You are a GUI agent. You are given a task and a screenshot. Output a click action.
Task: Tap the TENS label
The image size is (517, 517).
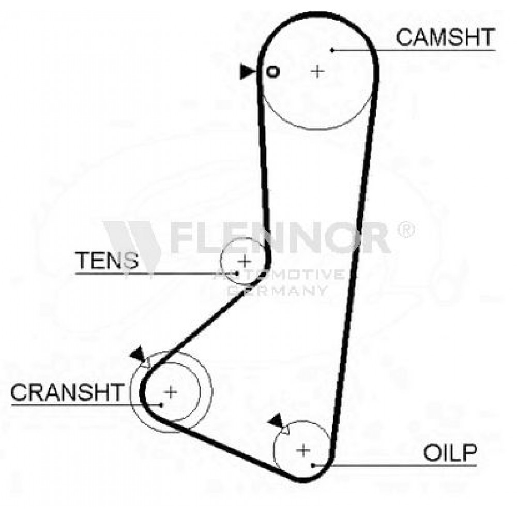click(x=107, y=260)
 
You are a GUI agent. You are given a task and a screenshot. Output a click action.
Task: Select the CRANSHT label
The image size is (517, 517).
click(x=67, y=392)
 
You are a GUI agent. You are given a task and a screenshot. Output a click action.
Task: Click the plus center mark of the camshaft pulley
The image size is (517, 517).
click(x=317, y=71)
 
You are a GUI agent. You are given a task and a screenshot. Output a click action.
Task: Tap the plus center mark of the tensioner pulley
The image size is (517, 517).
click(x=245, y=262)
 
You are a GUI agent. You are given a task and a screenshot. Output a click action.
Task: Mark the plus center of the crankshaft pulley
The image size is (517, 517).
click(x=171, y=392)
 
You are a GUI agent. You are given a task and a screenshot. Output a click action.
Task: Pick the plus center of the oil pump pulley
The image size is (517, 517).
click(x=303, y=450)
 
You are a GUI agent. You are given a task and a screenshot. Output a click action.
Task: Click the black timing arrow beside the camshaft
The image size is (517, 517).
click(x=247, y=71)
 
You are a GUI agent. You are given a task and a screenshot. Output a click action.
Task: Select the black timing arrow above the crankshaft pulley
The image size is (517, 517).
click(x=139, y=354)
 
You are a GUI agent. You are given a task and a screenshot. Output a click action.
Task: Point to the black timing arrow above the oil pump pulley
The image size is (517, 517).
click(x=277, y=421)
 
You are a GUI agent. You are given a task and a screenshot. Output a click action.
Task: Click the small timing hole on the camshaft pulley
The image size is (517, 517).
click(x=272, y=71)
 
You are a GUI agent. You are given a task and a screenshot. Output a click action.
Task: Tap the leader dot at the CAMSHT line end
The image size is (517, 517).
click(x=332, y=50)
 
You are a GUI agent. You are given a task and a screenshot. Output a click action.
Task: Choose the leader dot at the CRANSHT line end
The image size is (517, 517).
click(x=161, y=405)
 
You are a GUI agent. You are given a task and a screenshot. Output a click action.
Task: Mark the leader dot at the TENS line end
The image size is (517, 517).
click(x=237, y=273)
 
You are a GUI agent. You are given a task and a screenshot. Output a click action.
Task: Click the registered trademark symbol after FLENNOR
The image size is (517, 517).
click(x=406, y=229)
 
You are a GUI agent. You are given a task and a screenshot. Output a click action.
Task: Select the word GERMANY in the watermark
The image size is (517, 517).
click(x=277, y=291)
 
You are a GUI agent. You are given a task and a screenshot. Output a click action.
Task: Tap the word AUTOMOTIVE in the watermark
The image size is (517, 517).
click(x=279, y=275)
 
